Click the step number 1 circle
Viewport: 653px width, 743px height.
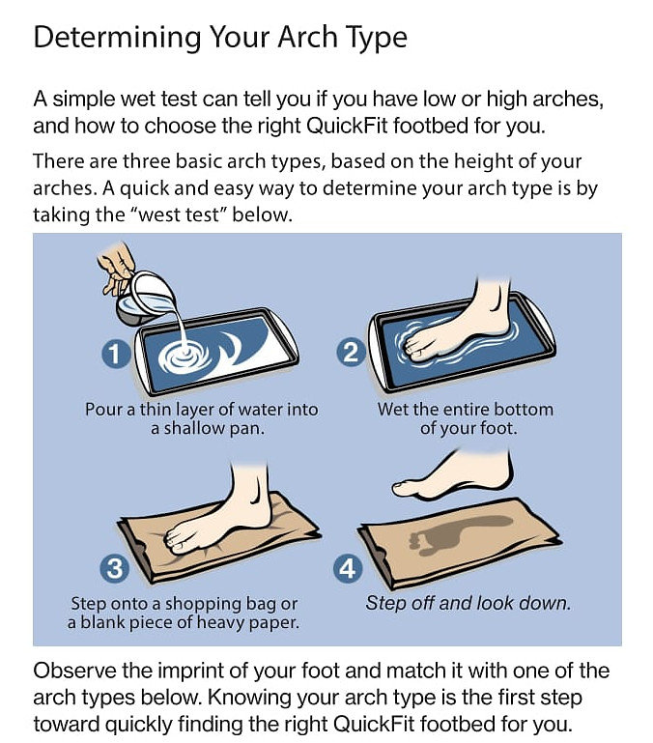[x=115, y=354]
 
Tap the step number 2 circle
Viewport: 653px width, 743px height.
[x=351, y=353]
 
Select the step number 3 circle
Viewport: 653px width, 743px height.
[x=115, y=569]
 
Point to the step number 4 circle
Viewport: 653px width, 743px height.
[x=348, y=569]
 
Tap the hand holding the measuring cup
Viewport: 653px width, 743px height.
[x=117, y=268]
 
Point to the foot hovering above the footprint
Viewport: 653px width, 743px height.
[x=455, y=474]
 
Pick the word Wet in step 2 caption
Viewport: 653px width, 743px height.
[x=390, y=410]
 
